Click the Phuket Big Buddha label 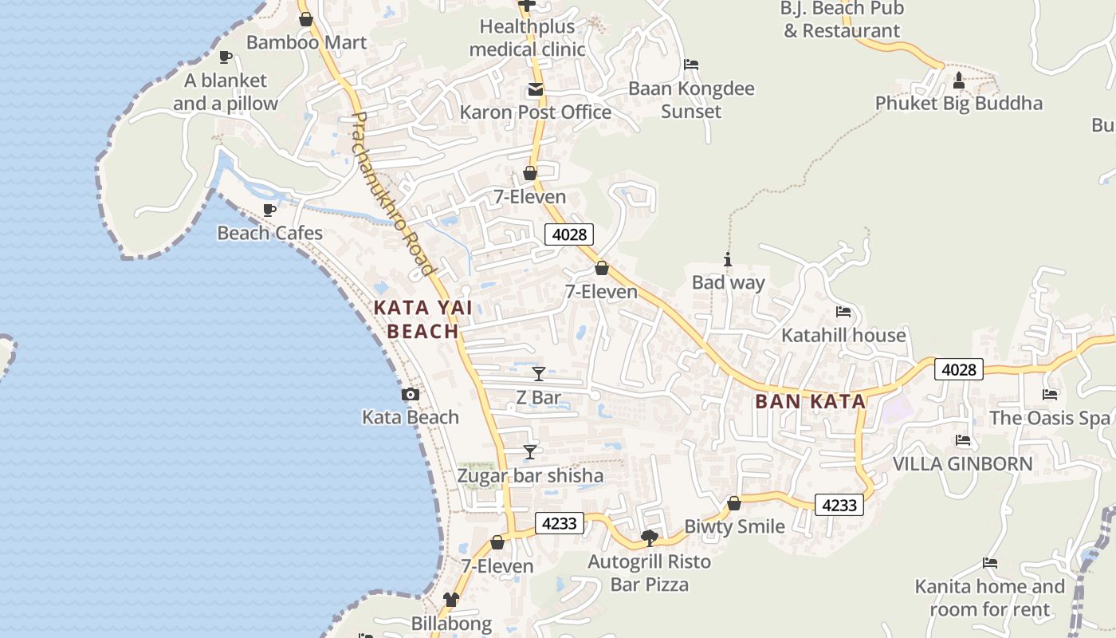[x=958, y=103]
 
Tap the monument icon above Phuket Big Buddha [x=959, y=81]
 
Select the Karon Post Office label [x=535, y=112]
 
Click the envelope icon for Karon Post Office [x=535, y=90]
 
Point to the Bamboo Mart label [x=306, y=42]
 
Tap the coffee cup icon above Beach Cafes [x=269, y=210]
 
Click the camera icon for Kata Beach [x=411, y=394]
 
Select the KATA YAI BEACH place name [x=416, y=319]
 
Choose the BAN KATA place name [x=811, y=401]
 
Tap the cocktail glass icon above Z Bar [x=539, y=373]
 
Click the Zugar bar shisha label [x=530, y=476]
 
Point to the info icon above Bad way [x=727, y=259]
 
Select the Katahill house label [x=843, y=335]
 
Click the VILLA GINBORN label [x=962, y=463]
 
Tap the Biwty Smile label [x=734, y=526]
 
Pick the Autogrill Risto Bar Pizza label [x=649, y=573]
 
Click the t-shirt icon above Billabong [x=451, y=600]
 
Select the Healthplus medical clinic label [x=527, y=37]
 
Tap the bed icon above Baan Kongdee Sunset [x=691, y=65]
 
